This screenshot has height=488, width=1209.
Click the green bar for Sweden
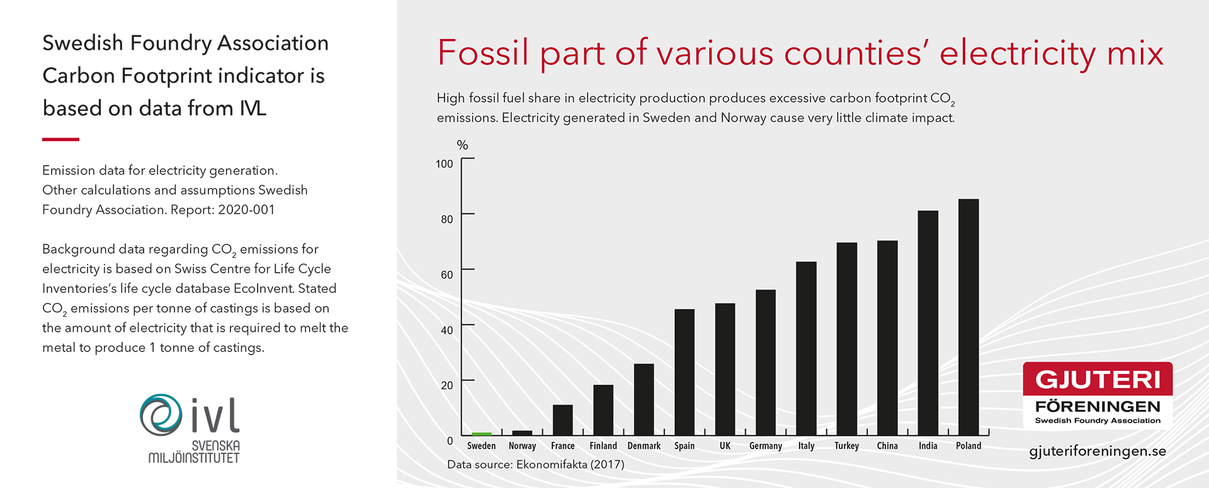point(482,434)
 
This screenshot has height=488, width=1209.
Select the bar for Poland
point(968,317)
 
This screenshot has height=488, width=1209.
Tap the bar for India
point(928,323)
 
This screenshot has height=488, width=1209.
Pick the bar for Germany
point(766,363)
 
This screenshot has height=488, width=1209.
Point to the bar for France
point(563,420)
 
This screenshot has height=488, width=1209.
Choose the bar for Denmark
point(644,400)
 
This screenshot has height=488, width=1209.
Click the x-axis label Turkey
point(847,446)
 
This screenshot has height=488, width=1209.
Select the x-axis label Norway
point(523,446)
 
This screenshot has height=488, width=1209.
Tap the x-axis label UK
point(725,446)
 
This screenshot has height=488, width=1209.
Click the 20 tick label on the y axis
point(447,385)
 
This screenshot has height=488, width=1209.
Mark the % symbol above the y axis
point(463,145)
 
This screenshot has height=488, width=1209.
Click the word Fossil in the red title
point(483,52)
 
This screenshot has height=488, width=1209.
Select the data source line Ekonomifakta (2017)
point(536,465)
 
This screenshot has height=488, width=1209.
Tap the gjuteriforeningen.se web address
point(1098,451)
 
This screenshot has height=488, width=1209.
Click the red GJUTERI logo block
point(1098,379)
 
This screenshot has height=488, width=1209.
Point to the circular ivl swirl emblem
point(161,415)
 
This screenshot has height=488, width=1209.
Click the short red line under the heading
point(60,139)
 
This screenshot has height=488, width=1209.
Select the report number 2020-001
point(246,210)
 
